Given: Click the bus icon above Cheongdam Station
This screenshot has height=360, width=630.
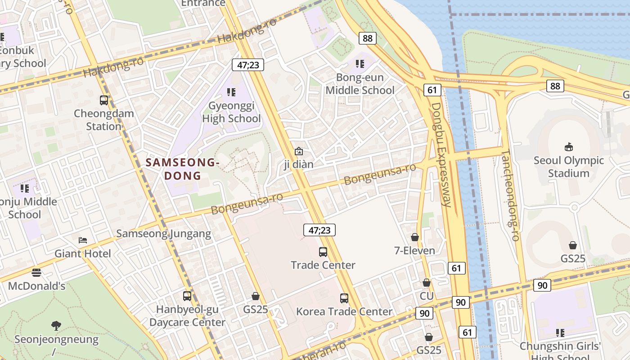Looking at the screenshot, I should pyautogui.click(x=104, y=100).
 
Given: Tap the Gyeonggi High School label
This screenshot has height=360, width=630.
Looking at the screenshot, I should pyautogui.click(x=231, y=112).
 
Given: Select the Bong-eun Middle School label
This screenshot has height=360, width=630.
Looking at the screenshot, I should pyautogui.click(x=360, y=84).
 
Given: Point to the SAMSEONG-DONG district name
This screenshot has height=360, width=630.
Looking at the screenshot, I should pyautogui.click(x=182, y=169).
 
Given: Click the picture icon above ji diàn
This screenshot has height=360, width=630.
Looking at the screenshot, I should pyautogui.click(x=298, y=152).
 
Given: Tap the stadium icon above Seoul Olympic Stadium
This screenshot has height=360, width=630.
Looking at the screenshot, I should pyautogui.click(x=569, y=147).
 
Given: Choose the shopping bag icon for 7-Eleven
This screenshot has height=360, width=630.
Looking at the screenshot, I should pyautogui.click(x=415, y=237).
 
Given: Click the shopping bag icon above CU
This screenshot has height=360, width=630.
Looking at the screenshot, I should pyautogui.click(x=426, y=283).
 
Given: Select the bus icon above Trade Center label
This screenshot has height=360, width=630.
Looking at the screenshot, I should pyautogui.click(x=323, y=252).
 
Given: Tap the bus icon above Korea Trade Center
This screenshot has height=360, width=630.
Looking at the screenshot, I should pyautogui.click(x=344, y=298).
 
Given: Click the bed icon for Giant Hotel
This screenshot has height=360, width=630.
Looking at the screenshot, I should pyautogui.click(x=83, y=240).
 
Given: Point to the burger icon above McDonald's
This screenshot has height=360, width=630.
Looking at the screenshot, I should pyautogui.click(x=36, y=272).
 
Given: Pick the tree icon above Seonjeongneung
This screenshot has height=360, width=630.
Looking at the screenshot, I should pyautogui.click(x=56, y=325).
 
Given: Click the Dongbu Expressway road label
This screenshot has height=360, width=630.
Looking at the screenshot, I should pyautogui.click(x=441, y=154).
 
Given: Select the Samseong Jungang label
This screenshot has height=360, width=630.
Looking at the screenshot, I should pyautogui.click(x=164, y=234).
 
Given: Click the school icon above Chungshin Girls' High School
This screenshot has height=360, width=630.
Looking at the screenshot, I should pyautogui.click(x=560, y=333).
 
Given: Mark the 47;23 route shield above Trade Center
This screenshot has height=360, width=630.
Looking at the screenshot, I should pyautogui.click(x=319, y=230).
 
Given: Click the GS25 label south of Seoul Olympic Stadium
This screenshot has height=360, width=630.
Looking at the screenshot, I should pyautogui.click(x=573, y=259).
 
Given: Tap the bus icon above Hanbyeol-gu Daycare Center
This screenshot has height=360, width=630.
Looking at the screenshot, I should pyautogui.click(x=187, y=296).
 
